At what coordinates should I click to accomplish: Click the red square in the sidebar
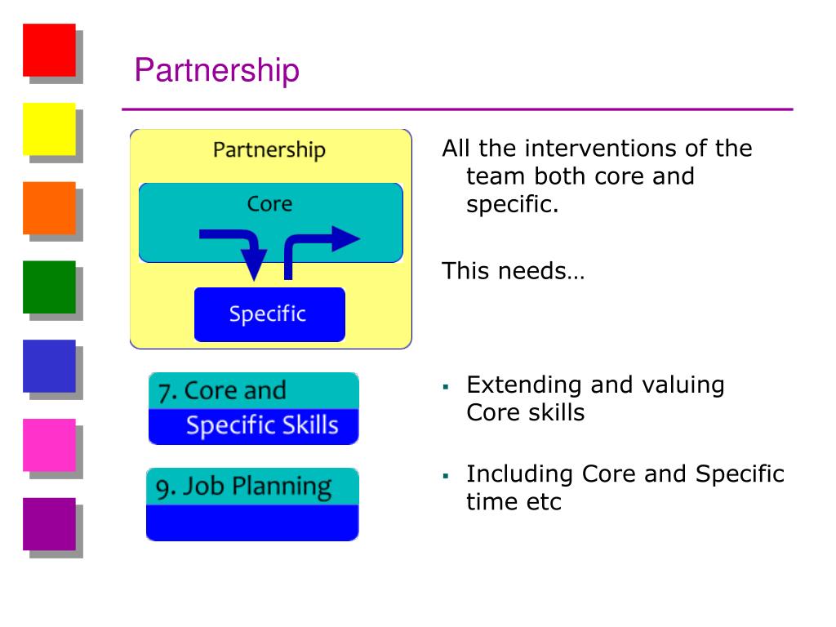(x=49, y=50)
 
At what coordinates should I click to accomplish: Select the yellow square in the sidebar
(x=49, y=129)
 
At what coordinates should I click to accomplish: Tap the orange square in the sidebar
(x=49, y=207)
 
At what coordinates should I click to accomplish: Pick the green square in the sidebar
(x=49, y=287)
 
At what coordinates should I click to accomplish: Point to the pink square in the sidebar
(x=49, y=445)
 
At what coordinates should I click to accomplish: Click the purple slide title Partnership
(x=217, y=70)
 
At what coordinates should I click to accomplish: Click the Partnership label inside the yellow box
(x=269, y=150)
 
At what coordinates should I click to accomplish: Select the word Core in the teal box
(x=269, y=203)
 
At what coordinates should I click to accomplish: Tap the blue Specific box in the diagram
(x=269, y=314)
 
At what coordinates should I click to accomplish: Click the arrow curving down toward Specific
(x=245, y=249)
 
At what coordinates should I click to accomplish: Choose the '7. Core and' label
(x=222, y=391)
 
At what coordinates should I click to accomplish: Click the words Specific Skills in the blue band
(x=261, y=425)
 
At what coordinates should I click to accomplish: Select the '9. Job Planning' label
(x=243, y=487)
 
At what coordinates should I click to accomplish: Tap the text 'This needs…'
(x=513, y=270)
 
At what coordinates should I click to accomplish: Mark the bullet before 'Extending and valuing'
(x=447, y=385)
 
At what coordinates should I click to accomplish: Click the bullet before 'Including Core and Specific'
(x=447, y=474)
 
